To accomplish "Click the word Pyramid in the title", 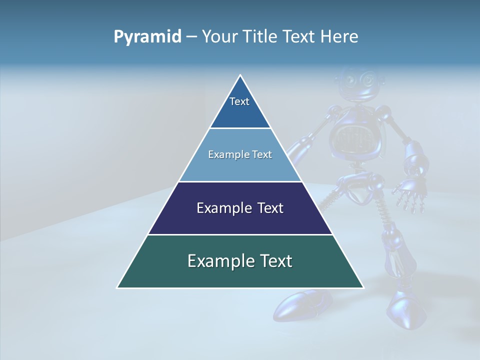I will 147,37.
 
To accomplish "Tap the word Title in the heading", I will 262,37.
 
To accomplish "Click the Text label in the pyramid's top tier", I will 239,101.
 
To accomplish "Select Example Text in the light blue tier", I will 240,154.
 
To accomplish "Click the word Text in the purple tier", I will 269,208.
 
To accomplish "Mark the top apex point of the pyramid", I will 240,75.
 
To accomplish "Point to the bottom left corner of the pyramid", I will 117,287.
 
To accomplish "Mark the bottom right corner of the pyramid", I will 363,287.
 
